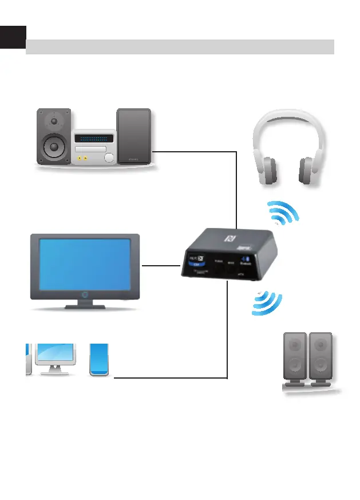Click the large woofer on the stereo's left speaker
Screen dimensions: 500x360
(x=54, y=147)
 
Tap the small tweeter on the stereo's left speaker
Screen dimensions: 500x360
(x=54, y=121)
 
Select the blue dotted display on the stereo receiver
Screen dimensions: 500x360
(x=95, y=139)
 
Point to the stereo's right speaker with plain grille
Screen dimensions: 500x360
(x=134, y=136)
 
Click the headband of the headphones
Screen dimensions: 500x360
(x=288, y=117)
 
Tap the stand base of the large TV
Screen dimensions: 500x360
(x=85, y=307)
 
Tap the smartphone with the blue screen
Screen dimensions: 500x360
(x=100, y=360)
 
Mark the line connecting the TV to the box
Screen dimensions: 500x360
(x=161, y=265)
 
